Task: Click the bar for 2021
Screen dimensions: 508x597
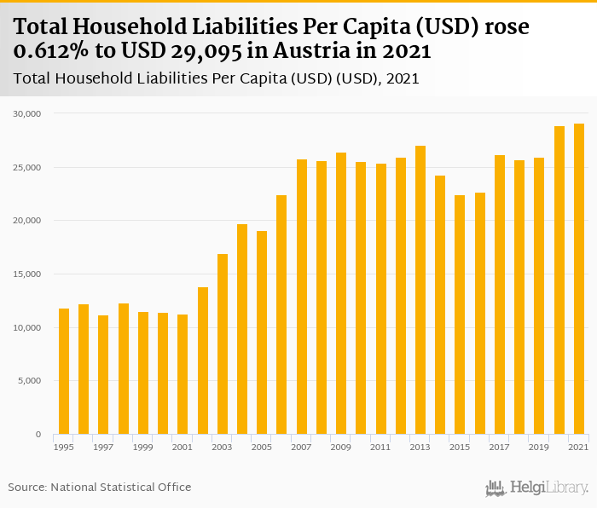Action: click(579, 279)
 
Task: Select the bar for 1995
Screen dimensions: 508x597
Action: click(63, 372)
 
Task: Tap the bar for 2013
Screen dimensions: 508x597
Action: click(420, 290)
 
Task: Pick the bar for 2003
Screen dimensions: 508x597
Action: click(223, 344)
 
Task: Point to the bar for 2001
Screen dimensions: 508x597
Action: click(183, 374)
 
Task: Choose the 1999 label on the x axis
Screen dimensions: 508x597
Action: click(142, 447)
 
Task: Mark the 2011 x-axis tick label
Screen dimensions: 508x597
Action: click(380, 447)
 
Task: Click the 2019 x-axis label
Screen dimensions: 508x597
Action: click(539, 447)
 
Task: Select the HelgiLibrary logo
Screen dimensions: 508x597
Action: click(536, 488)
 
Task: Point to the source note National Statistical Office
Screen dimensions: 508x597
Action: click(120, 487)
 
